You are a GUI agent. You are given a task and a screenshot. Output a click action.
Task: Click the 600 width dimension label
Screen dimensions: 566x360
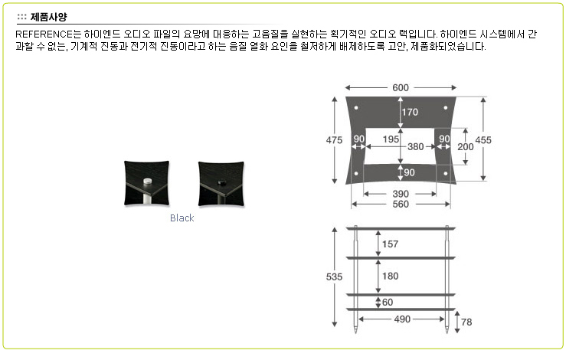401,88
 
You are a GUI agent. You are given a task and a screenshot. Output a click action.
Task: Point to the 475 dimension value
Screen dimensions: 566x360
334,140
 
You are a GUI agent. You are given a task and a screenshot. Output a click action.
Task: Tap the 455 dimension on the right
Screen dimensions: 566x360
483,140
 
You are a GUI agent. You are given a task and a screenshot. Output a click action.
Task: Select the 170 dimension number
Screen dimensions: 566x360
410,113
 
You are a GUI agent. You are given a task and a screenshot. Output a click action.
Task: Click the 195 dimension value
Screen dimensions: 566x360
391,139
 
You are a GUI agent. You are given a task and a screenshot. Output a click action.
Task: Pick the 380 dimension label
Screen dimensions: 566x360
415,147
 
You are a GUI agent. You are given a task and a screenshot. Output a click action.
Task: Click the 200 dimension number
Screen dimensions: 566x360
466,147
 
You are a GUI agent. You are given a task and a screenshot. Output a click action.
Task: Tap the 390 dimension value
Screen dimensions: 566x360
401,195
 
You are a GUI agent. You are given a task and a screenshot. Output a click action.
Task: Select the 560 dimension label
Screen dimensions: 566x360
401,205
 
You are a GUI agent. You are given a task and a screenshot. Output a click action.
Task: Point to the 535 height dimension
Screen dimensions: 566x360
334,277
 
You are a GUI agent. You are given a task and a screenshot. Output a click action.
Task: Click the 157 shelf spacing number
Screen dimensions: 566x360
390,244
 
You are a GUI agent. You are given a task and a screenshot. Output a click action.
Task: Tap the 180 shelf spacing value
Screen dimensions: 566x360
390,277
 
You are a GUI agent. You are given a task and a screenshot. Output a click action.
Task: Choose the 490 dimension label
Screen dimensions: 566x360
402,319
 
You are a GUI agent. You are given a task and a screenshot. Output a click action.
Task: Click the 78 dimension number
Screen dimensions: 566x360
466,322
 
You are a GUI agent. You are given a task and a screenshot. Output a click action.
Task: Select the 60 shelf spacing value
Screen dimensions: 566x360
388,303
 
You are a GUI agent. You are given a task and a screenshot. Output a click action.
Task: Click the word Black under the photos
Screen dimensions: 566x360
182,218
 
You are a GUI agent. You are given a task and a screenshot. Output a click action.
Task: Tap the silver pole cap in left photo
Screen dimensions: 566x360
148,181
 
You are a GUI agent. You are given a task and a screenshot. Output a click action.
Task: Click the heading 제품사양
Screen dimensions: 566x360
48,17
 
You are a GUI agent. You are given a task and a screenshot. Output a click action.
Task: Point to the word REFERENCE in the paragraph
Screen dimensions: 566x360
44,34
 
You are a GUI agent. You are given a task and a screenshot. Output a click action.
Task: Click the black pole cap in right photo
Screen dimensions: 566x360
221,183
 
